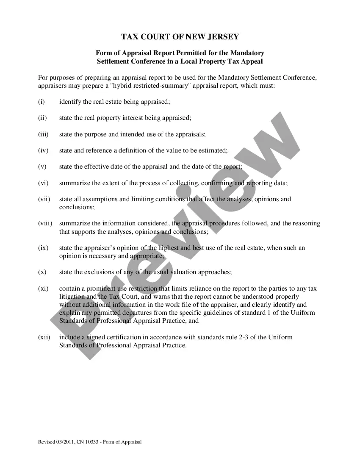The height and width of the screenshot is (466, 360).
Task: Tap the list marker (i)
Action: [41, 102]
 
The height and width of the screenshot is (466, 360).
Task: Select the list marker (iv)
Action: [43, 150]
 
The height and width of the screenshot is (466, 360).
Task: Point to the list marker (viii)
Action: [45, 223]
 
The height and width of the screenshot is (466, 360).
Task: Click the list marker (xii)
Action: [44, 337]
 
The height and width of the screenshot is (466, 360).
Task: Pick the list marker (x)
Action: [42, 272]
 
